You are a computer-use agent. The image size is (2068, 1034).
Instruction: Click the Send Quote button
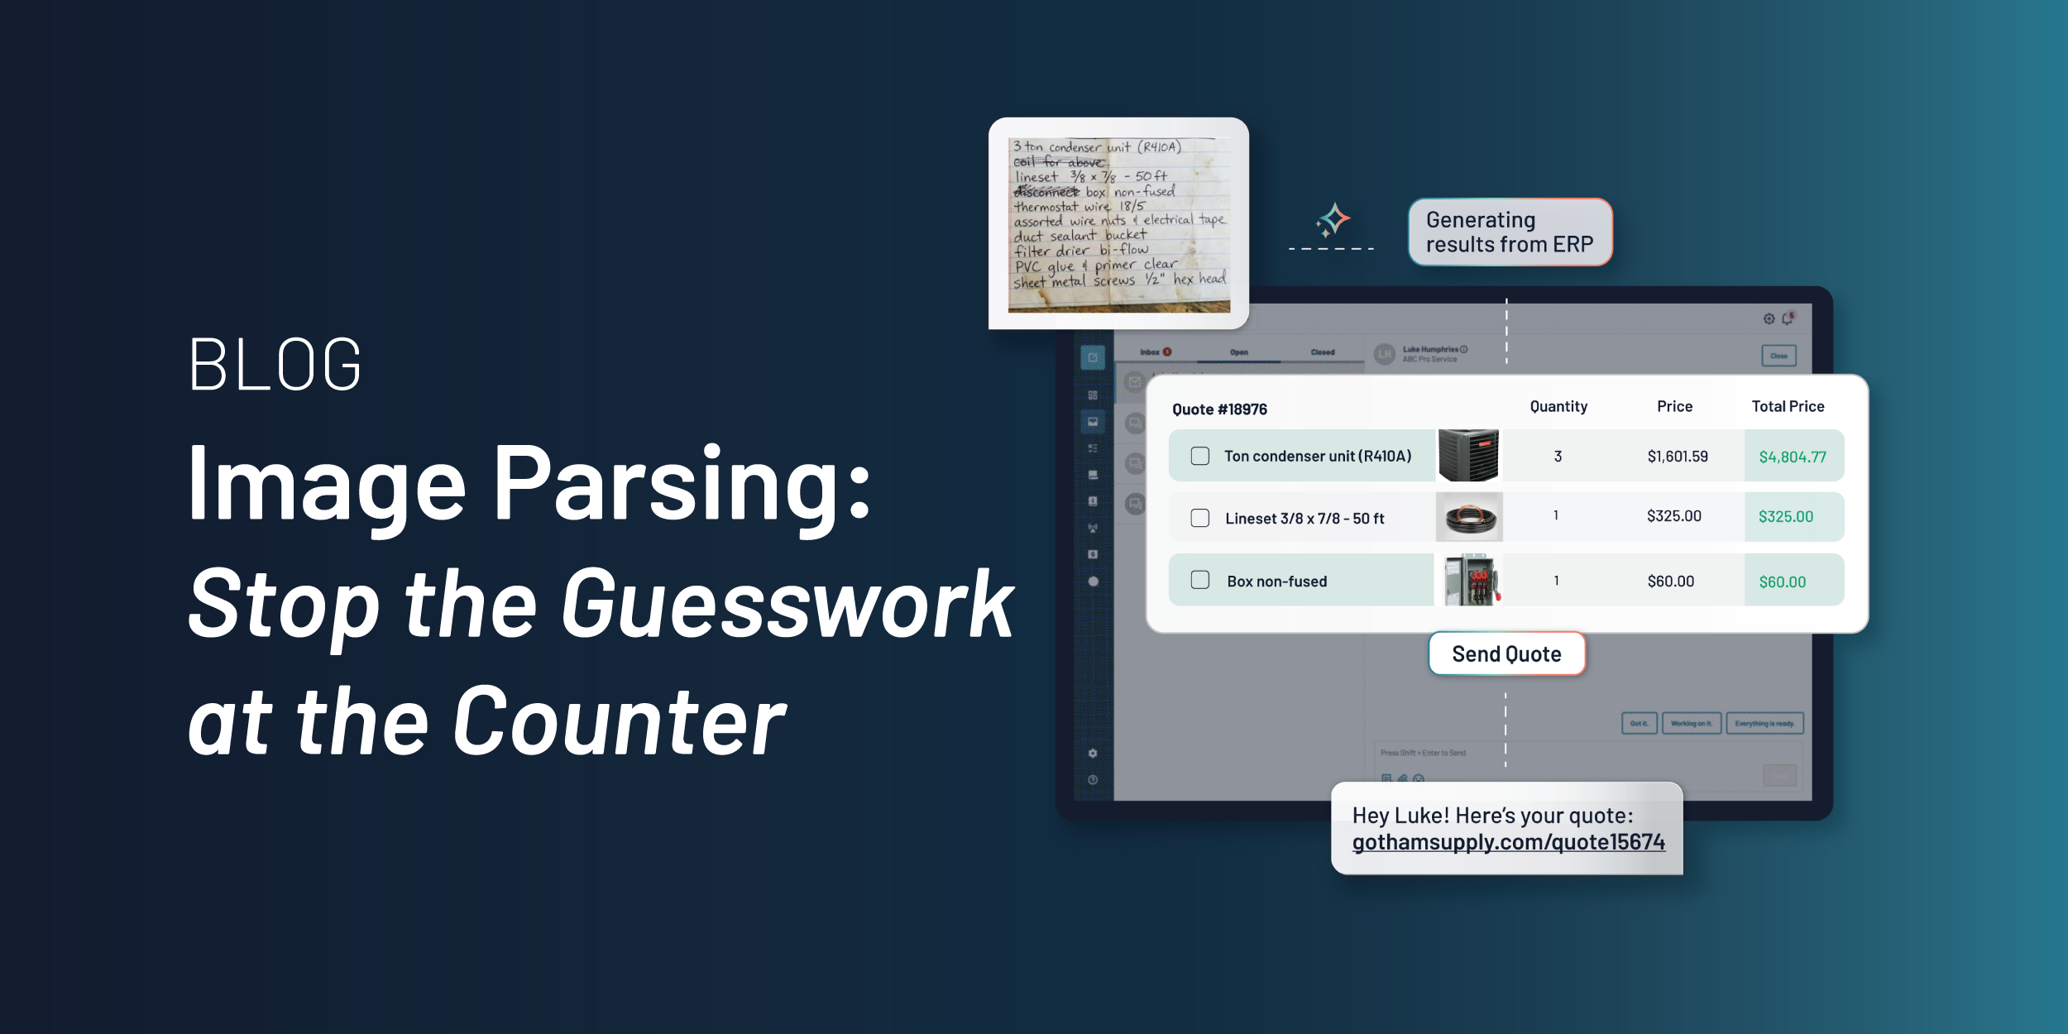[1506, 654]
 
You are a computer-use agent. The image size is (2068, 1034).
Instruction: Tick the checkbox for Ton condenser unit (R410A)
[1199, 456]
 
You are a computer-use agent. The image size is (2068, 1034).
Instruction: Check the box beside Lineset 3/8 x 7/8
[1199, 518]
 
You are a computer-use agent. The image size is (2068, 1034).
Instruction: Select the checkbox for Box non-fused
[1199, 580]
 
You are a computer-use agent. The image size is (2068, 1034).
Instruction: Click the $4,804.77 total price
[1793, 457]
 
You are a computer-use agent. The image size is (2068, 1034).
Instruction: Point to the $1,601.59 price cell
[1678, 457]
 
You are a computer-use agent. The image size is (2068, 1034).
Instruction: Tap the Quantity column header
[1558, 406]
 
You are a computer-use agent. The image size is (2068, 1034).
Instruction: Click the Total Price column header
[1788, 406]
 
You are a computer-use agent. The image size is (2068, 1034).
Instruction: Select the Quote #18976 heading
[1219, 409]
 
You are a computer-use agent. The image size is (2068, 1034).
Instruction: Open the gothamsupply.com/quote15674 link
[1508, 842]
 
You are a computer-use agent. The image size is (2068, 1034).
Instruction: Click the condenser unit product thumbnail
[1468, 455]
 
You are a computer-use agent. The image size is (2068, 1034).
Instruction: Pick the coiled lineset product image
[1469, 518]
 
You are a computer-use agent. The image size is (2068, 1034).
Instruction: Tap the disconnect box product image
[1471, 580]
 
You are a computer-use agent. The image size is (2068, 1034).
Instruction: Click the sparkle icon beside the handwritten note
[1333, 220]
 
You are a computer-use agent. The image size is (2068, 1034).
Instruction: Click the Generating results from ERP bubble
[1510, 232]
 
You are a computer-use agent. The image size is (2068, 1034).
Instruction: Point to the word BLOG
[275, 365]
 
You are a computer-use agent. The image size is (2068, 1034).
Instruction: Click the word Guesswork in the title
[787, 605]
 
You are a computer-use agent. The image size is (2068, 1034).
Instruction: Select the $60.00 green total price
[1783, 582]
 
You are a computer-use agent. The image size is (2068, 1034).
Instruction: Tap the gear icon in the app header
[1769, 319]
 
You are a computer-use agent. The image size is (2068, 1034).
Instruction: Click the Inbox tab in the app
[1150, 352]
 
